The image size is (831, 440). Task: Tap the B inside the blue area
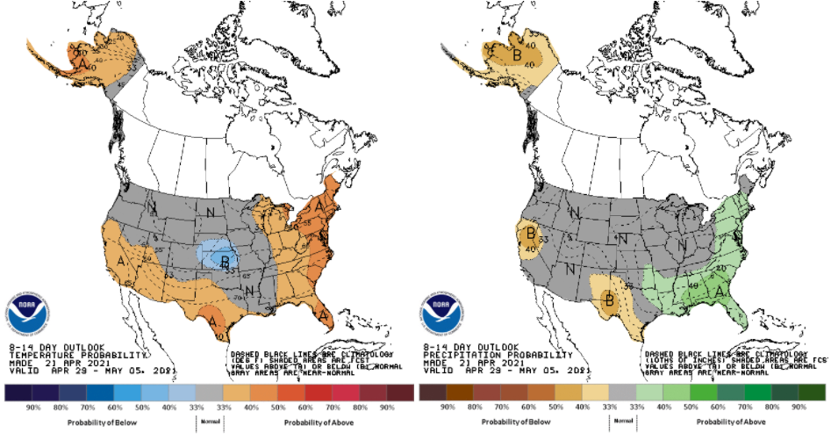(226, 262)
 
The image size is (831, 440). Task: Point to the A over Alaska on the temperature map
(82, 63)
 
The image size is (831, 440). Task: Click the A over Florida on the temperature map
(324, 314)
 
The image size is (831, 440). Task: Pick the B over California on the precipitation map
(530, 234)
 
